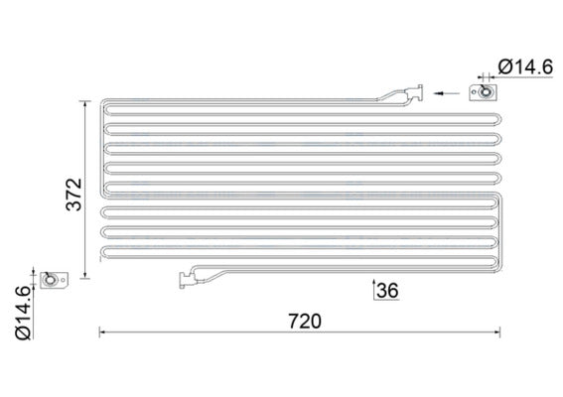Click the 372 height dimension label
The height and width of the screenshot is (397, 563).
tap(66, 190)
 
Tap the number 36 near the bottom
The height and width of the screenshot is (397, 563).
tap(387, 291)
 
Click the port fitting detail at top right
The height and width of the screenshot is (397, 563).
tap(486, 93)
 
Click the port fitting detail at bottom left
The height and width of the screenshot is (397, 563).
tap(52, 283)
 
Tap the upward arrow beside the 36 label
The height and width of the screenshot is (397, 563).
tap(373, 290)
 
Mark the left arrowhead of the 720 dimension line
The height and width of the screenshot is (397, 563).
tap(102, 332)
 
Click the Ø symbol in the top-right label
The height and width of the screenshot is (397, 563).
tap(503, 66)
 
